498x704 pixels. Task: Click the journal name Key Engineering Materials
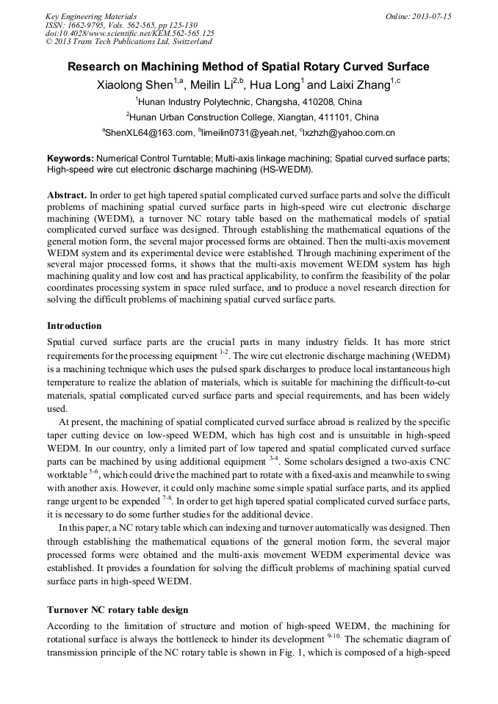coord(91,16)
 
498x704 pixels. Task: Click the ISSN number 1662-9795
coord(93,25)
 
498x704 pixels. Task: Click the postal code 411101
coord(320,117)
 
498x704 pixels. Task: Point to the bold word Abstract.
coord(67,196)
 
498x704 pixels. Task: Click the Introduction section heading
coord(74,325)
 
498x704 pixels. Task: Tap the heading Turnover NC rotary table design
coord(118,610)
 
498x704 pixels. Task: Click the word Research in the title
coord(96,67)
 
